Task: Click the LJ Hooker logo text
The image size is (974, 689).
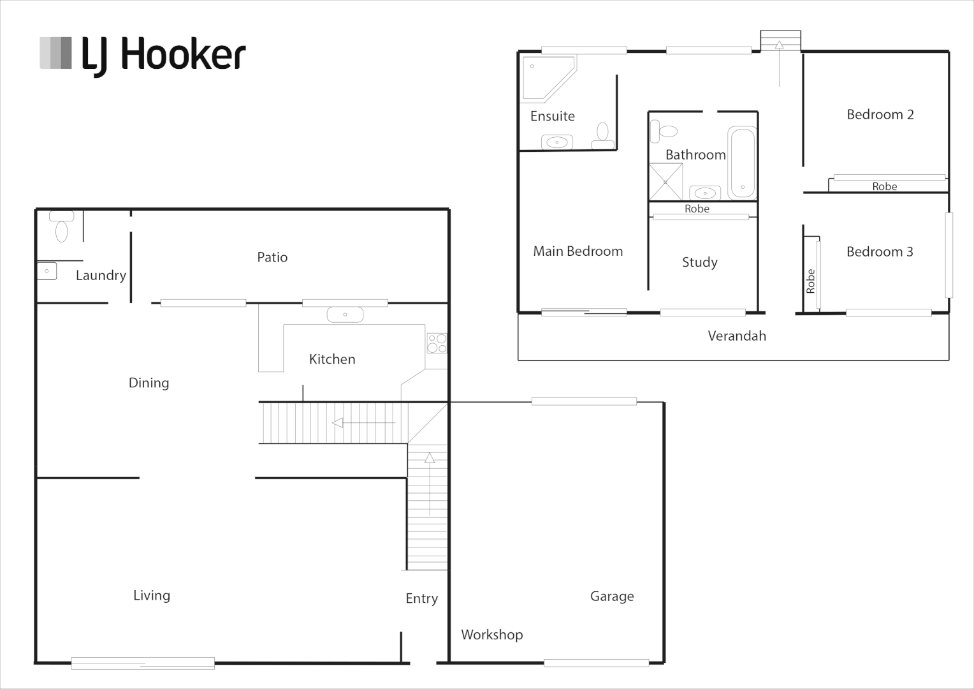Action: pyautogui.click(x=163, y=55)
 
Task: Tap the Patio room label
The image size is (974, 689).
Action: pyautogui.click(x=272, y=257)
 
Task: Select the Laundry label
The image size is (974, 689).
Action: pyautogui.click(x=101, y=276)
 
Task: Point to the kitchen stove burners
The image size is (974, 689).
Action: pyautogui.click(x=437, y=343)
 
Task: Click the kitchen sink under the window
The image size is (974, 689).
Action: pyautogui.click(x=345, y=315)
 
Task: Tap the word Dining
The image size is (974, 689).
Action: pyautogui.click(x=149, y=383)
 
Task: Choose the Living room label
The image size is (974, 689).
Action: pyautogui.click(x=152, y=595)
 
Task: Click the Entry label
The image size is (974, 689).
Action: pyautogui.click(x=421, y=598)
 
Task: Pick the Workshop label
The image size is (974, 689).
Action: pyautogui.click(x=491, y=635)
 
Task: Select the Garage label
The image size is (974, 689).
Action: pyautogui.click(x=612, y=596)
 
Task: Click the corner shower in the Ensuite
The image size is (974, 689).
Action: pyautogui.click(x=545, y=77)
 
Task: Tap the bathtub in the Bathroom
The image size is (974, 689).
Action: pyautogui.click(x=742, y=163)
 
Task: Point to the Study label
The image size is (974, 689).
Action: pyautogui.click(x=699, y=262)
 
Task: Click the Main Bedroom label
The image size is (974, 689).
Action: pyautogui.click(x=578, y=251)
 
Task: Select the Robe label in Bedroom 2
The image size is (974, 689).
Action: pyautogui.click(x=884, y=186)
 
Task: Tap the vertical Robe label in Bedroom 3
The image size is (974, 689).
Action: pyautogui.click(x=810, y=281)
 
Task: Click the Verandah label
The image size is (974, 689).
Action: pyautogui.click(x=737, y=336)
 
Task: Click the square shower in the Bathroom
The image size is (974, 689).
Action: pyautogui.click(x=665, y=182)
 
